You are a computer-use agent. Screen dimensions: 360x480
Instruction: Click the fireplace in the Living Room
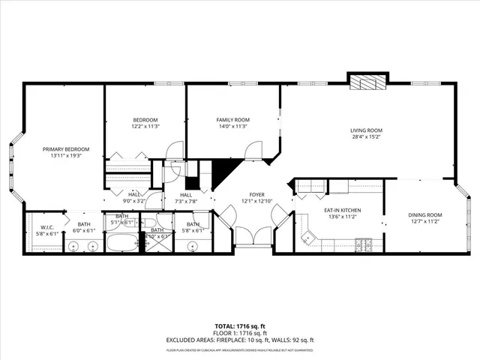click(x=367, y=82)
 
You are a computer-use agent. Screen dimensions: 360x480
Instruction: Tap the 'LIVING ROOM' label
click(x=366, y=130)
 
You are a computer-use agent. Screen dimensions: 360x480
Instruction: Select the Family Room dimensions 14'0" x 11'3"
click(x=232, y=127)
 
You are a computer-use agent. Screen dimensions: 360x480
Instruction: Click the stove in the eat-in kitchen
click(x=364, y=243)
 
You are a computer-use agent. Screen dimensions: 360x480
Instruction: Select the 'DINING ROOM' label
click(x=424, y=215)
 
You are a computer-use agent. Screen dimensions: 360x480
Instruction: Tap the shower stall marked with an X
click(x=157, y=244)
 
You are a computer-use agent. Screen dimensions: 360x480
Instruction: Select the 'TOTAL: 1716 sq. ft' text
click(x=239, y=326)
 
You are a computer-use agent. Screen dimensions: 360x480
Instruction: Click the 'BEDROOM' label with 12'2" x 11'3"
click(x=145, y=120)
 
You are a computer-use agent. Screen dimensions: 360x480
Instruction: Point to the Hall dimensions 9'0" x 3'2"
click(x=135, y=201)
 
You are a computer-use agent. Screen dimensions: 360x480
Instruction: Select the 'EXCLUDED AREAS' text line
click(x=239, y=340)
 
